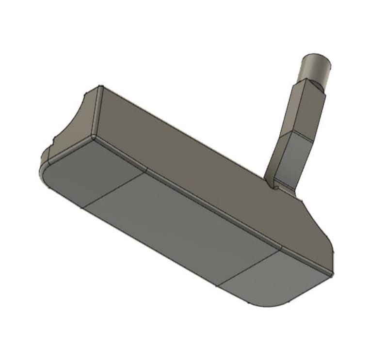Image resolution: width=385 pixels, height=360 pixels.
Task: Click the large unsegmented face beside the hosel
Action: (x=194, y=145)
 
